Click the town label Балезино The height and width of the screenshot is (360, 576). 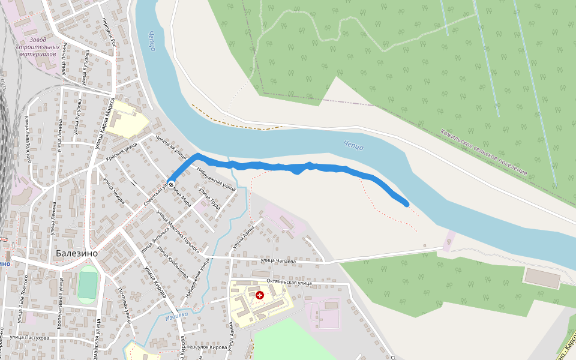point(77,253)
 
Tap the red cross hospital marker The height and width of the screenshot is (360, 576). point(260,295)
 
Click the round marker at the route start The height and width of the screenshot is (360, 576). point(172,184)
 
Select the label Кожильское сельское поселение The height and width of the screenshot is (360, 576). point(484,152)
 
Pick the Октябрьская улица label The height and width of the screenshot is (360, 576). point(289,282)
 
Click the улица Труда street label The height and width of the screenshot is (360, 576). point(209,199)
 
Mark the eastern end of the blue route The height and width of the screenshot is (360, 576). point(407,204)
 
